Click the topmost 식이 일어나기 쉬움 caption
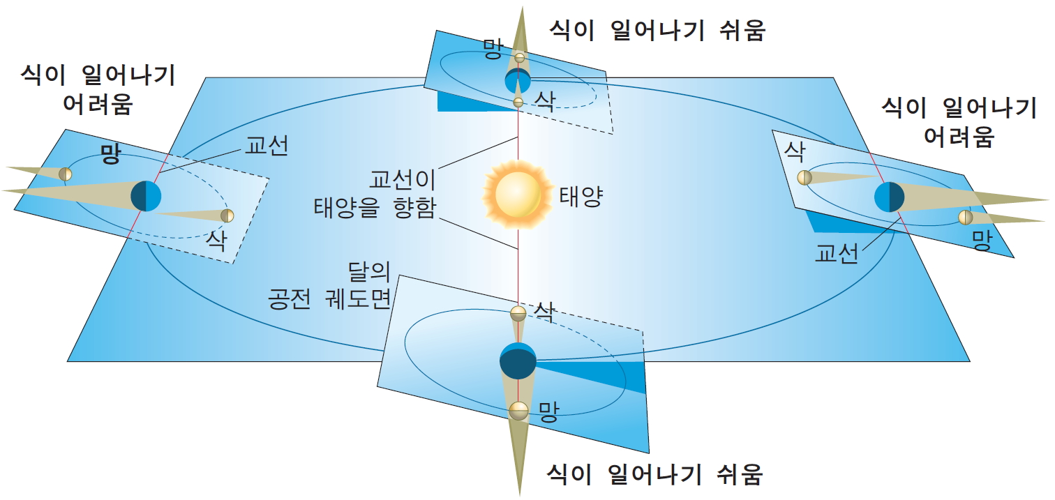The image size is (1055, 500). [x=657, y=30]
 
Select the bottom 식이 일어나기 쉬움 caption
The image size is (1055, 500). [x=655, y=474]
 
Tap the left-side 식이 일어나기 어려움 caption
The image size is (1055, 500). [x=98, y=89]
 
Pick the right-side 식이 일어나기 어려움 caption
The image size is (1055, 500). [x=959, y=121]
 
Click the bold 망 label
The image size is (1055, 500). [x=110, y=153]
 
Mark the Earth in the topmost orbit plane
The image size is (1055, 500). [x=518, y=80]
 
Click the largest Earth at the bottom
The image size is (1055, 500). [x=518, y=361]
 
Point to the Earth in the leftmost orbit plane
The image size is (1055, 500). [x=146, y=196]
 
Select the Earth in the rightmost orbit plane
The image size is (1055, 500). [x=890, y=197]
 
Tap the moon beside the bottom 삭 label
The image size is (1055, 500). [x=518, y=313]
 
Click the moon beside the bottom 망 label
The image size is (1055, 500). [x=518, y=411]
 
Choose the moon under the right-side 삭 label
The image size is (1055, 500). [x=805, y=177]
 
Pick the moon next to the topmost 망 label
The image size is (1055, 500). [x=519, y=56]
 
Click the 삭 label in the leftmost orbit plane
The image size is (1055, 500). [x=216, y=239]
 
